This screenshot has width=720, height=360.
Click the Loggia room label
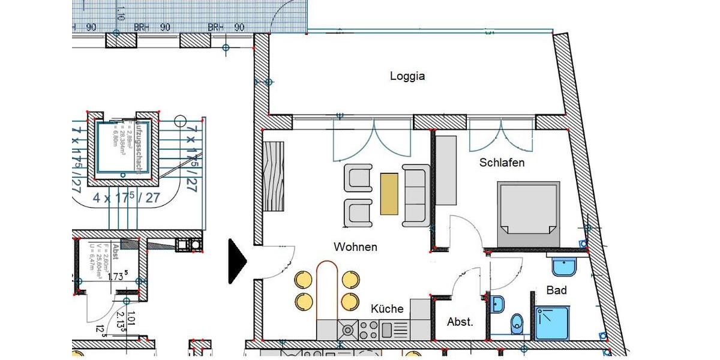[x=407, y=76]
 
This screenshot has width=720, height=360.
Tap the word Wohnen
[x=356, y=247]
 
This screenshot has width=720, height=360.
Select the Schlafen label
[x=502, y=163]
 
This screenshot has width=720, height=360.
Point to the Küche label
[x=387, y=309]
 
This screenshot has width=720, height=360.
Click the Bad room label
[x=556, y=290]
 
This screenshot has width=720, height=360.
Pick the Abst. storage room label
[x=460, y=322]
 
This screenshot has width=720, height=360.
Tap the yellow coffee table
[x=389, y=194]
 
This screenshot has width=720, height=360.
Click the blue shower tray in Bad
[x=551, y=323]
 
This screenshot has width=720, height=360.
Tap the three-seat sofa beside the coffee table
[x=416, y=194]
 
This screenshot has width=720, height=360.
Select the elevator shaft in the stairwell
[x=122, y=148]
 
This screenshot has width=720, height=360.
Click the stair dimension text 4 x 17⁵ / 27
[x=127, y=198]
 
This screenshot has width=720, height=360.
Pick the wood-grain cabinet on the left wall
[x=274, y=176]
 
